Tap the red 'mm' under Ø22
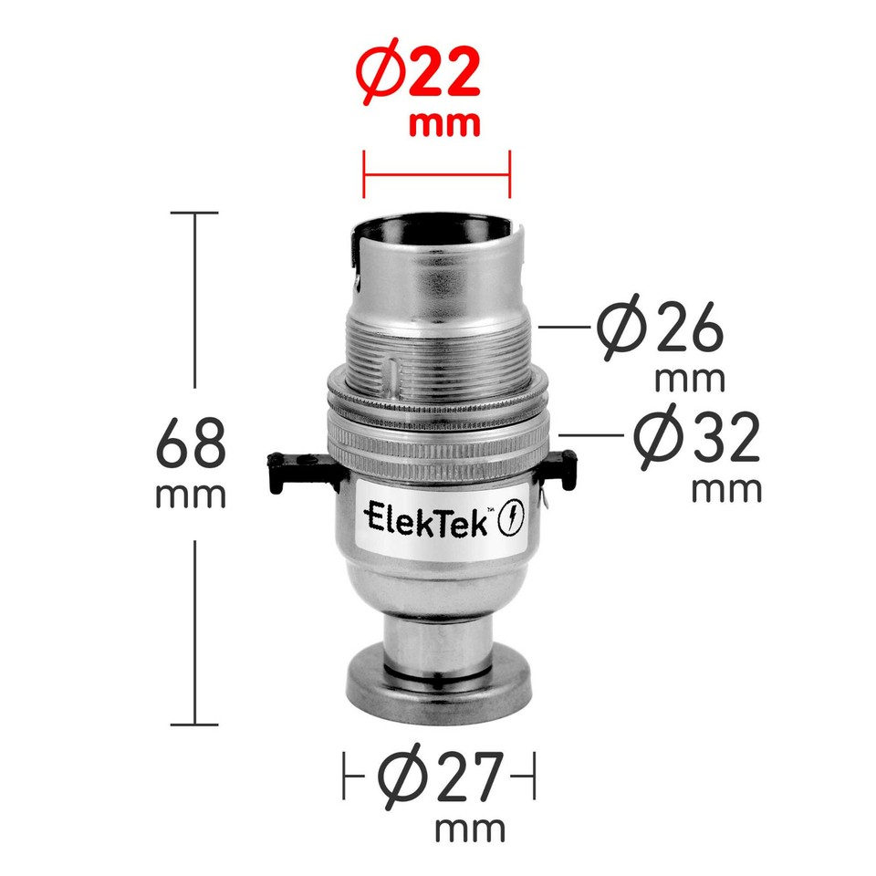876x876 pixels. tap(444, 125)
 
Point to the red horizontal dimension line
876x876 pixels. tap(436, 173)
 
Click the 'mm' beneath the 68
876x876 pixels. tap(191, 495)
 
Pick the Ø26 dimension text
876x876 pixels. tap(662, 330)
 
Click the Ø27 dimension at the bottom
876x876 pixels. tap(439, 778)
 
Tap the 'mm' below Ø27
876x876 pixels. tap(470, 830)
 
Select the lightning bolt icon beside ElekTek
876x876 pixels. tap(513, 521)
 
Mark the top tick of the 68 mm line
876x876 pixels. tap(194, 214)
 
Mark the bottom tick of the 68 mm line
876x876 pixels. tap(194, 725)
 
